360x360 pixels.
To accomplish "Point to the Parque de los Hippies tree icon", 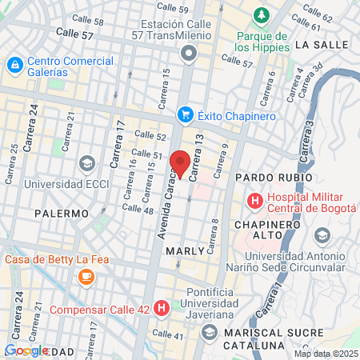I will [261, 15].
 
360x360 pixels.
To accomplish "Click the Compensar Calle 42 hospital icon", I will [162, 307].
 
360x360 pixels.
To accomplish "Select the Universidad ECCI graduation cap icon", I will [86, 163].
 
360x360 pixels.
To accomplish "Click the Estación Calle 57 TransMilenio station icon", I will [189, 54].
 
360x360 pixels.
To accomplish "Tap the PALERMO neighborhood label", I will [62, 214].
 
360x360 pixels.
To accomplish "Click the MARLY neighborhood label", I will [185, 250].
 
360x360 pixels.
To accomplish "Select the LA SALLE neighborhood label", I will [320, 46].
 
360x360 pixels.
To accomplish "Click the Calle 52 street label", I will [150, 136].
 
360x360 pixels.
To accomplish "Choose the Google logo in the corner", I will [26, 350].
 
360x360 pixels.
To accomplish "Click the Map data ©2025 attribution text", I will [325, 354].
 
